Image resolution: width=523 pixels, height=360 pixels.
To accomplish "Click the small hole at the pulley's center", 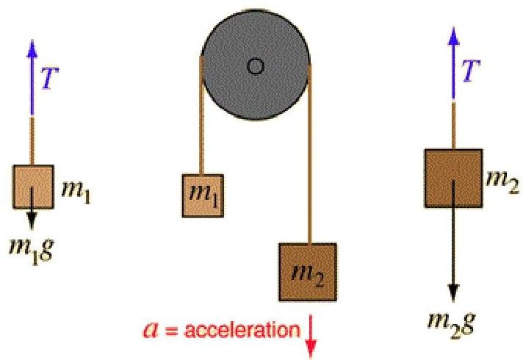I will pyautogui.click(x=256, y=67).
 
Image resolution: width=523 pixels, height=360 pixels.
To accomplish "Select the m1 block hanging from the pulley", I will pyautogui.click(x=205, y=196).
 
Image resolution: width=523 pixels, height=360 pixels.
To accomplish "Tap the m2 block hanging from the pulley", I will pyautogui.click(x=308, y=273).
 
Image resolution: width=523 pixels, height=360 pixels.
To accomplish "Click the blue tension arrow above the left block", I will pyautogui.click(x=32, y=73).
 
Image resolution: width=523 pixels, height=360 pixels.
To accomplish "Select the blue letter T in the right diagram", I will pyautogui.click(x=470, y=71).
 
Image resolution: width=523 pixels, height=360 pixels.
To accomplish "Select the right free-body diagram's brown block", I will pyautogui.click(x=453, y=177).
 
